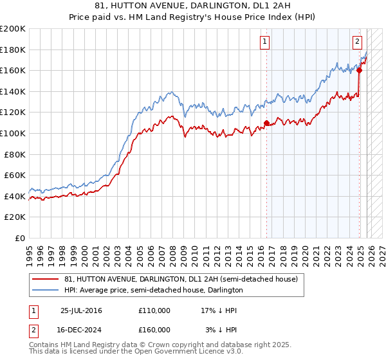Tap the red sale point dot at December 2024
tap(360, 71)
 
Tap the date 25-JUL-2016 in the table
tap(81, 310)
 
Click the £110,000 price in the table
tap(154, 310)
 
